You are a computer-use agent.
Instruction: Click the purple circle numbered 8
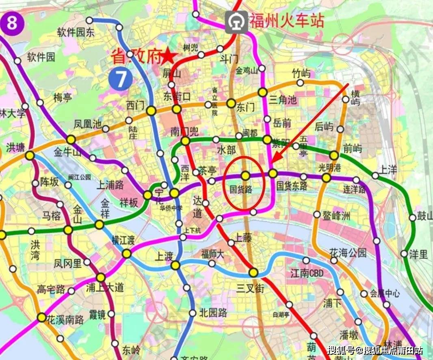12,23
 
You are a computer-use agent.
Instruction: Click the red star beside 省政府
169,56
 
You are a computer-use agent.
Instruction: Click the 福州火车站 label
286,20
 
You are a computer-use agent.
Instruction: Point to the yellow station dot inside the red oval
245,176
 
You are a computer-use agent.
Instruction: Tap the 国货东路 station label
292,186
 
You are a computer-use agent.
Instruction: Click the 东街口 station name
176,97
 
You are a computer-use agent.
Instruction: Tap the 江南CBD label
307,273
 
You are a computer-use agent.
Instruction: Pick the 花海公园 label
348,253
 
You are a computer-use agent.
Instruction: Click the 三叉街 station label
250,288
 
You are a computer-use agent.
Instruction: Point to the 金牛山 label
67,152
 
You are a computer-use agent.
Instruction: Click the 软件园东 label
76,33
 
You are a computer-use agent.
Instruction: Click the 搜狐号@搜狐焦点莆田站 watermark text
375,350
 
